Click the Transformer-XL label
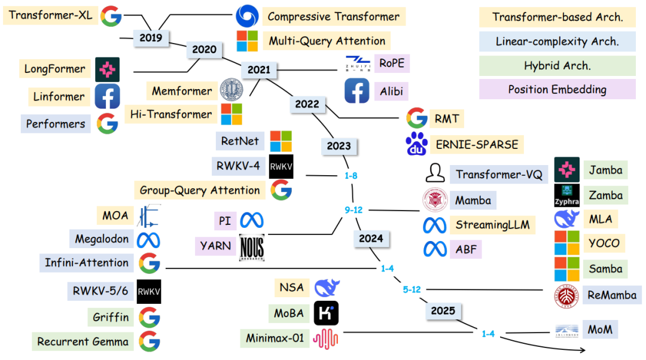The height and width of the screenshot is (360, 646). click(51, 16)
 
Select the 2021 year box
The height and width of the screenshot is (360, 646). click(259, 69)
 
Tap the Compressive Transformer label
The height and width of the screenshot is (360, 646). click(334, 16)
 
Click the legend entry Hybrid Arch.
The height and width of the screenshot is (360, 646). click(557, 66)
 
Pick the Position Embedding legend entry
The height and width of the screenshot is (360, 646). click(557, 90)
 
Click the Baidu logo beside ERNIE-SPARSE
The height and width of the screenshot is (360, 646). click(417, 145)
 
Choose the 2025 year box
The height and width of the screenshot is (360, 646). click(443, 310)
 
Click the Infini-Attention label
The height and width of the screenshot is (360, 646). click(87, 263)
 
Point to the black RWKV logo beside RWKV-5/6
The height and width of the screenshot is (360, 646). click(149, 291)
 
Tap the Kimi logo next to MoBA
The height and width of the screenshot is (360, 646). click(326, 313)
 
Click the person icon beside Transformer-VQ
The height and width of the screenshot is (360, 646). click(435, 173)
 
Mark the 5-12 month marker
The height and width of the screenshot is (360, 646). click(412, 289)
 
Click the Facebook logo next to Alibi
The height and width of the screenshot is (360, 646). click(356, 91)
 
